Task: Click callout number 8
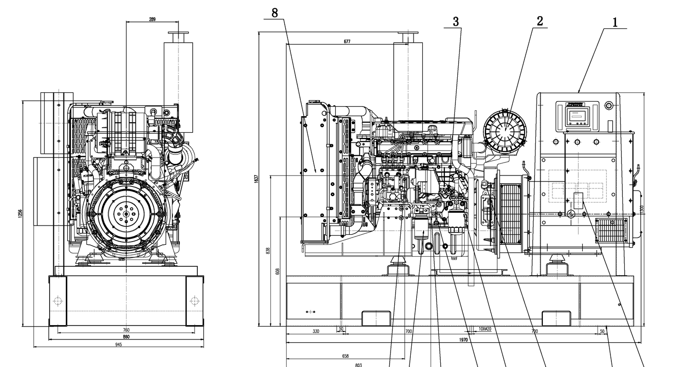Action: (275, 13)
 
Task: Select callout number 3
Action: (456, 22)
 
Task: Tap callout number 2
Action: (540, 21)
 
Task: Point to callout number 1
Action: (615, 22)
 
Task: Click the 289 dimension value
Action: (152, 19)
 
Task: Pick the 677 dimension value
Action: (347, 41)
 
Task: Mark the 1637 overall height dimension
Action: (256, 179)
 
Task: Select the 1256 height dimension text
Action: (20, 214)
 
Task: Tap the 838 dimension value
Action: (268, 251)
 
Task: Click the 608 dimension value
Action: (277, 271)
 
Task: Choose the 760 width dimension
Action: (126, 330)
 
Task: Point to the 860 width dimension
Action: (126, 337)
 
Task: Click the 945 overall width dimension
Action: (119, 344)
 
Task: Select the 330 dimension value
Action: (316, 331)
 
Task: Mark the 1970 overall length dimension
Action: (463, 340)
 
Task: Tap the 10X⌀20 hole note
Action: (485, 329)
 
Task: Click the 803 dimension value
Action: (358, 365)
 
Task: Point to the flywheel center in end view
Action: (126, 213)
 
